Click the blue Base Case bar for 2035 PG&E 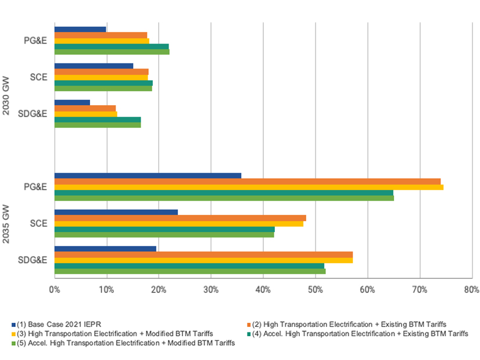click(148, 176)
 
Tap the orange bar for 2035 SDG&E click(203, 254)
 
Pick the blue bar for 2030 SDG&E click(72, 103)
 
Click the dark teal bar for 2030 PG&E click(112, 46)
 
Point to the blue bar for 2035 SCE click(116, 213)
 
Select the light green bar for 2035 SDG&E click(189, 271)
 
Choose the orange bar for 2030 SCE click(102, 72)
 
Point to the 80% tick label click(471, 289)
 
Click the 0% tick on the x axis click(54, 289)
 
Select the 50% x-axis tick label click(315, 289)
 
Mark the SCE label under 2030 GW click(39, 78)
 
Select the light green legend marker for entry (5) click(13, 344)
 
